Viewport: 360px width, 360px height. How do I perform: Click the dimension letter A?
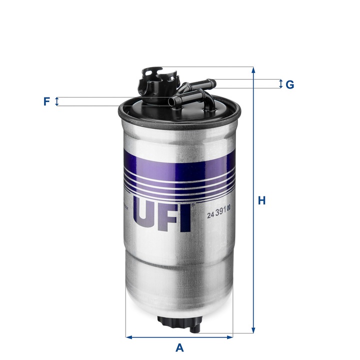tap(179, 347)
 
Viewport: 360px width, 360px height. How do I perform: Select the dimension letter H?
tap(261, 201)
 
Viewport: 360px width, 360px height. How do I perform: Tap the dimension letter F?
tap(46, 101)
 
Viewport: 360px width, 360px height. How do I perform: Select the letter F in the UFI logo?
tap(170, 214)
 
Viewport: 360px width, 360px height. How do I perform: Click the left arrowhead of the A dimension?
tap(128, 336)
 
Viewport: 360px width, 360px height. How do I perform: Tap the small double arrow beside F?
tap(56, 101)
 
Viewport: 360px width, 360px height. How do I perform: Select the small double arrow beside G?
tap(280, 84)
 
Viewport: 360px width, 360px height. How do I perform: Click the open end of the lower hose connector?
tap(174, 102)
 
